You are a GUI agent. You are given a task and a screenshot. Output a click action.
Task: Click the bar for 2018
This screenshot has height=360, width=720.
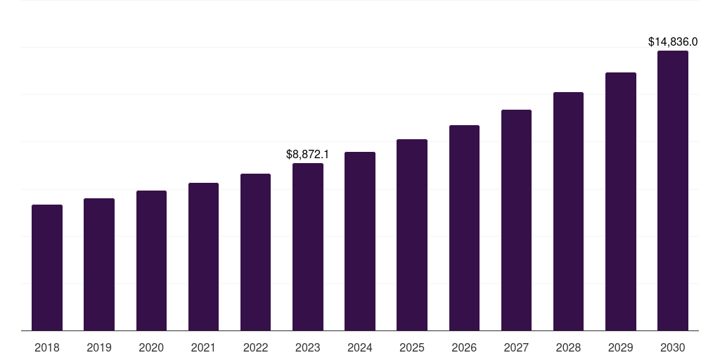coord(47,268)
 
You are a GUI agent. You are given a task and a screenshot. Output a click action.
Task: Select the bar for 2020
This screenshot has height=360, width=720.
coord(151,261)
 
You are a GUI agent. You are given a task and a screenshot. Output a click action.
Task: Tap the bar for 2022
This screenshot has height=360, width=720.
coord(255,252)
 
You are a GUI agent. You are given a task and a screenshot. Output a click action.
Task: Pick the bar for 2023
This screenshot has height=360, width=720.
coord(308,247)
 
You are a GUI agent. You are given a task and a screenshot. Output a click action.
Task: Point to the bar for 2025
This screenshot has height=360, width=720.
coord(412,235)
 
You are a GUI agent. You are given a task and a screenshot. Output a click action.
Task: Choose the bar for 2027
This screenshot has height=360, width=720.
coord(516,220)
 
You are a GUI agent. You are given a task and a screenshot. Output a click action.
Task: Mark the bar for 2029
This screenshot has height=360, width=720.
coord(621,202)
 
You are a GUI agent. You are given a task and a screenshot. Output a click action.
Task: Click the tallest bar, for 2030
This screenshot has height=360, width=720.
coord(673,191)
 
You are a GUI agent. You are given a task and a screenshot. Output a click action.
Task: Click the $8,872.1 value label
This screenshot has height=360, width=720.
coord(307,154)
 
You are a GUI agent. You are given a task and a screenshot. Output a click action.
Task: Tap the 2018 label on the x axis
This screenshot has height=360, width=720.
coord(47,347)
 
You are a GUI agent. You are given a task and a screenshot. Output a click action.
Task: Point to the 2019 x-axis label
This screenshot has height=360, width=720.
coord(99,347)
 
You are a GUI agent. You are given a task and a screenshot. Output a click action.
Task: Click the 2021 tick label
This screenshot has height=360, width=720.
coord(203,347)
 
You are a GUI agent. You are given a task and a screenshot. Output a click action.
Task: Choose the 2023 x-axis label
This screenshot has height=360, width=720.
coord(308,347)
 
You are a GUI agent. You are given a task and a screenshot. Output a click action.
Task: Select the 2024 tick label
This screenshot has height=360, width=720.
coord(360,347)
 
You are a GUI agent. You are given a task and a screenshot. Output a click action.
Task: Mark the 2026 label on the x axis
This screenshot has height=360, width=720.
coord(464,347)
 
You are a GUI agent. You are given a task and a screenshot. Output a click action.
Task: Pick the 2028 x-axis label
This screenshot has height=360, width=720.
coord(568,347)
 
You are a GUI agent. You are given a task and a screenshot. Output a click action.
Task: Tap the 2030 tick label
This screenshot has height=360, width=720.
coord(673,347)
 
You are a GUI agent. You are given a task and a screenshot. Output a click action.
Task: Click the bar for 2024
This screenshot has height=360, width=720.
coord(360,241)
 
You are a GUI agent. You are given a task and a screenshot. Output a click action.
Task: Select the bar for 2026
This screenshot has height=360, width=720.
coord(464,228)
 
